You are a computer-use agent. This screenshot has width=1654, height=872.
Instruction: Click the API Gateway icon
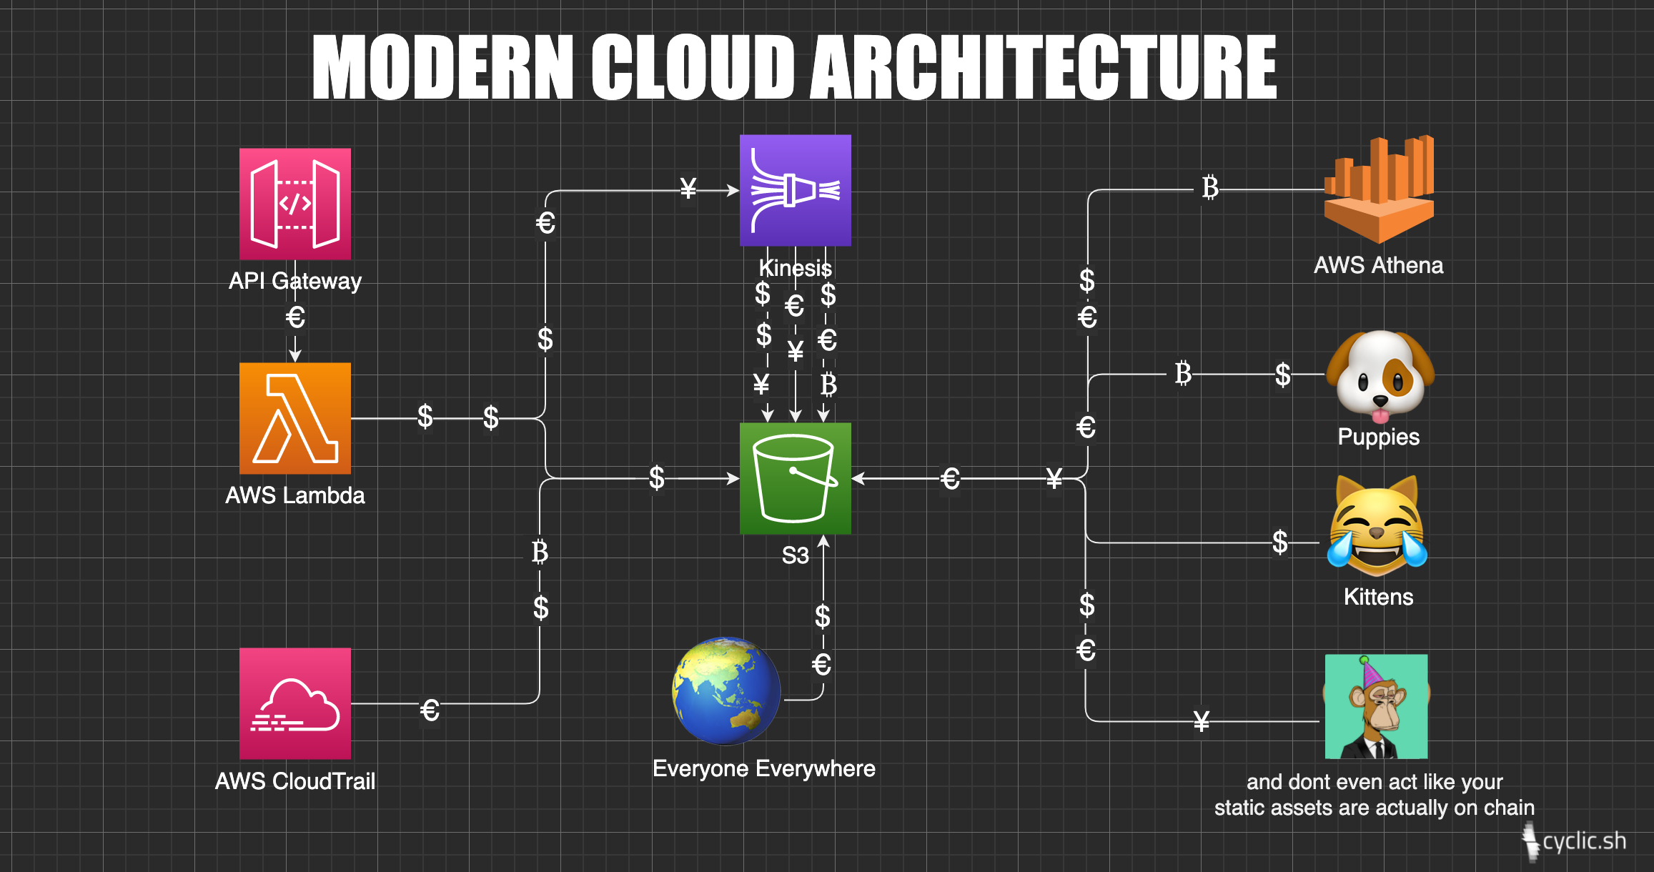tap(294, 204)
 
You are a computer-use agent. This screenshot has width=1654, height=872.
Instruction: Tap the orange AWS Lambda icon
tap(294, 418)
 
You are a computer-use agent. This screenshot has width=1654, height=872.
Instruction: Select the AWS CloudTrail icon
tap(294, 703)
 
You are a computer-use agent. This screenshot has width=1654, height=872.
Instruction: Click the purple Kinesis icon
tap(795, 190)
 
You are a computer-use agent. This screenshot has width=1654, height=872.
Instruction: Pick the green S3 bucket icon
tap(795, 478)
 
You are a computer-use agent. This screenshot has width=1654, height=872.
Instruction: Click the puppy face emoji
tap(1380, 375)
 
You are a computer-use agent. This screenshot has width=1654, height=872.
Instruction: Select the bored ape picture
tap(1376, 706)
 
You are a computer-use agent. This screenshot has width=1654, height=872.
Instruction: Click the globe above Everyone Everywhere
tap(726, 690)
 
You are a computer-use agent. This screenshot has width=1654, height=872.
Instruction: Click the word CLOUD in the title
tap(693, 68)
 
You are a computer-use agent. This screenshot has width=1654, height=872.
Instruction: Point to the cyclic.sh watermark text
tap(1584, 841)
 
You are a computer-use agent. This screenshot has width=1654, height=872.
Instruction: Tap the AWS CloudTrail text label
tap(294, 781)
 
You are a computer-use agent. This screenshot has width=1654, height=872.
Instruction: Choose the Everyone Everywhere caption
tap(763, 768)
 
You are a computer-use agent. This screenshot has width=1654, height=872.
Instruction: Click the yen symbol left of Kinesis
tap(688, 189)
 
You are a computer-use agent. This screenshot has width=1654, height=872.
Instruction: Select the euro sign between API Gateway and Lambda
tap(295, 317)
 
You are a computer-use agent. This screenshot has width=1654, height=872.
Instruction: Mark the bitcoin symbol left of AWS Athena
tap(1209, 188)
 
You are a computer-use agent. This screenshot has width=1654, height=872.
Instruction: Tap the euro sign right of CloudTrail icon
tap(430, 710)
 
